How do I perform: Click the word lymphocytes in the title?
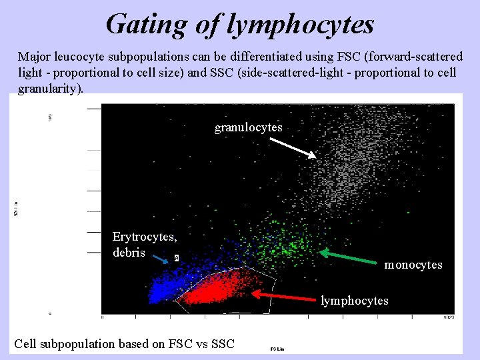pos(301,25)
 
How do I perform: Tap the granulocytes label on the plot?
pos(248,127)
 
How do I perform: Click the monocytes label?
pos(413,265)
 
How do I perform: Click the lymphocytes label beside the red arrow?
pos(354,301)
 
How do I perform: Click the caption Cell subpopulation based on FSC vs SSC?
pos(124,344)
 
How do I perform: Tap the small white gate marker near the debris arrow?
pos(176,257)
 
